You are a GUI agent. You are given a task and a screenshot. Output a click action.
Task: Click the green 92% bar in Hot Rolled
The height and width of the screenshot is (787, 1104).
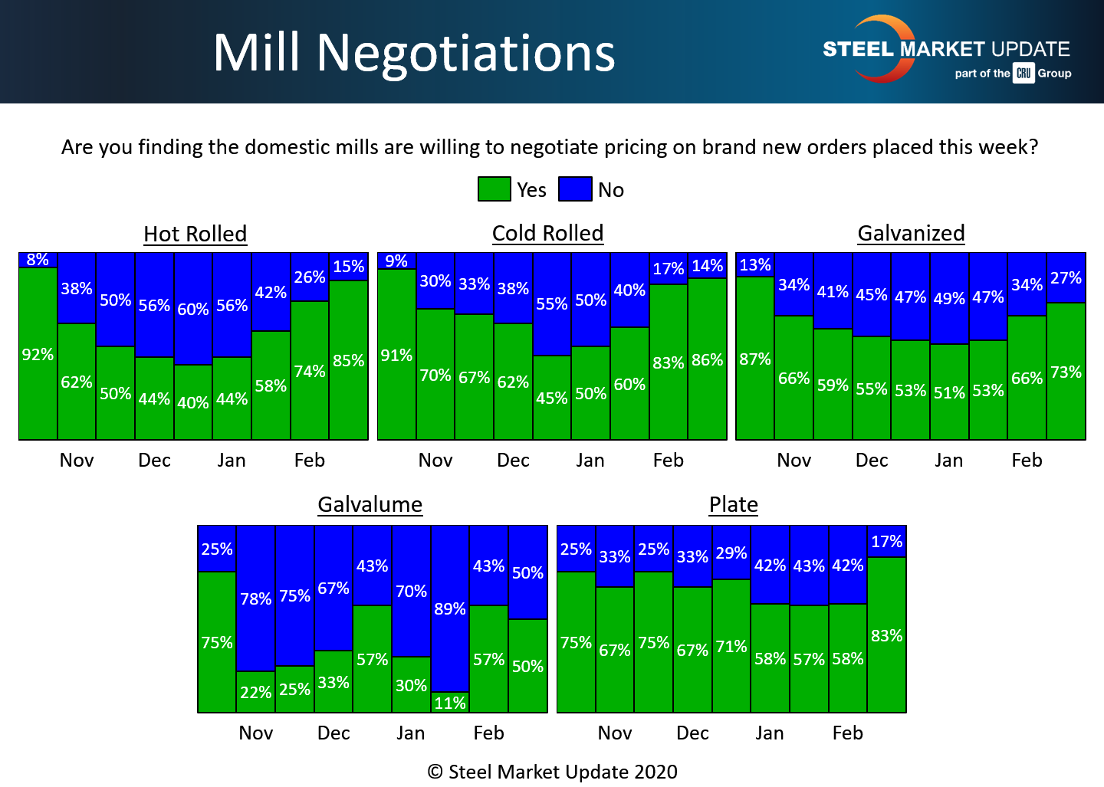click(x=38, y=354)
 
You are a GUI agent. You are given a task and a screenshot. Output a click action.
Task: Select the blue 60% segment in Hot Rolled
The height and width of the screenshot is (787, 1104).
click(x=193, y=309)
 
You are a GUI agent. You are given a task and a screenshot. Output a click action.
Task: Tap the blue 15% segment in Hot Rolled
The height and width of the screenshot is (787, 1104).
click(x=349, y=267)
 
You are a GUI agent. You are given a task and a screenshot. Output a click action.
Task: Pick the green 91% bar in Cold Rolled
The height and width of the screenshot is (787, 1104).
click(x=396, y=355)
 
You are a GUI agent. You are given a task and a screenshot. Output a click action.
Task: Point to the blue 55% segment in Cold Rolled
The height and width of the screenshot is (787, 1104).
click(x=552, y=304)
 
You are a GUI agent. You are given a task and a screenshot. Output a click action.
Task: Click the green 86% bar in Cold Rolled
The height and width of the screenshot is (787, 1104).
click(x=707, y=359)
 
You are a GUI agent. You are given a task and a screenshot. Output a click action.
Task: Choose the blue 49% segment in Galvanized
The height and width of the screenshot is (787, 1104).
click(x=949, y=298)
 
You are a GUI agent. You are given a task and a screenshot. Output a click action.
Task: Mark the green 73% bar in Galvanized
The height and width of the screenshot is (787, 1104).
click(x=1066, y=372)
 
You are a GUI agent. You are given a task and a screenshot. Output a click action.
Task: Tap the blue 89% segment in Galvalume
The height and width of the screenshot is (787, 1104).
click(x=450, y=608)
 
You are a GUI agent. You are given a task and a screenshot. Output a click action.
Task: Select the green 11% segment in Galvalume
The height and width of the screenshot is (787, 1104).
click(x=450, y=703)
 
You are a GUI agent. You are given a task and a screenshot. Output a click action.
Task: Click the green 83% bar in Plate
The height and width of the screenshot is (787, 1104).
click(x=886, y=635)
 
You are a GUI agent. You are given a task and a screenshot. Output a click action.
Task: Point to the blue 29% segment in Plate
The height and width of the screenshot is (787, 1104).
click(x=731, y=553)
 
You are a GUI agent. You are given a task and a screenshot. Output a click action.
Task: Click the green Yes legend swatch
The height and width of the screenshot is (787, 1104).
click(x=495, y=189)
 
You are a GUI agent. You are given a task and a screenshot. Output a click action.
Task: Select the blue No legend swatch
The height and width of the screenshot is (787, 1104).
click(x=575, y=189)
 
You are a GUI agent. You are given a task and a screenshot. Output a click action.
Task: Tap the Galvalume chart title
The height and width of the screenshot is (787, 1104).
click(x=370, y=504)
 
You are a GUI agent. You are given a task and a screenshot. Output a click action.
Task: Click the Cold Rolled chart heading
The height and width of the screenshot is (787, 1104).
click(x=547, y=233)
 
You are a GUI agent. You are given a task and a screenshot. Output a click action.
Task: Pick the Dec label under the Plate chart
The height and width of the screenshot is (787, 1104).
click(x=692, y=733)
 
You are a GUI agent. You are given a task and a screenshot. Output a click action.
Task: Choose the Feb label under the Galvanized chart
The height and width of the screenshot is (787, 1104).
click(x=1027, y=461)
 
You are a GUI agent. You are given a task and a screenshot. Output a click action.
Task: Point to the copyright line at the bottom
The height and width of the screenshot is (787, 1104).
click(x=552, y=772)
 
